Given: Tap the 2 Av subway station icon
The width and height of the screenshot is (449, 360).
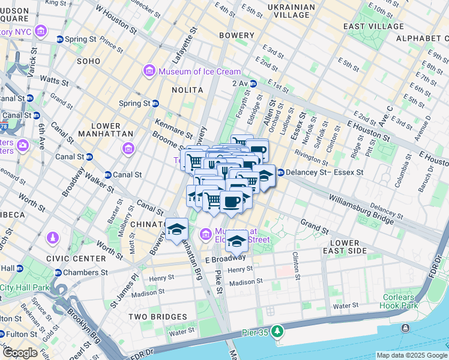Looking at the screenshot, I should (253, 83).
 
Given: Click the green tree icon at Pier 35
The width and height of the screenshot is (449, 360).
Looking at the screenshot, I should (277, 331).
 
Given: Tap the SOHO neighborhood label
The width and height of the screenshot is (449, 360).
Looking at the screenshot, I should (88, 61).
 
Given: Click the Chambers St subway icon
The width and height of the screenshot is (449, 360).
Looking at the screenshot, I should (58, 272).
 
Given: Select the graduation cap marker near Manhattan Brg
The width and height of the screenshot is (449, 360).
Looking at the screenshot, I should (177, 229).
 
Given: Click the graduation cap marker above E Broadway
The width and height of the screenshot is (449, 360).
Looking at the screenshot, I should (237, 241).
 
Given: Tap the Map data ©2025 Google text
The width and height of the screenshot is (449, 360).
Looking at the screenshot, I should (411, 355).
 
